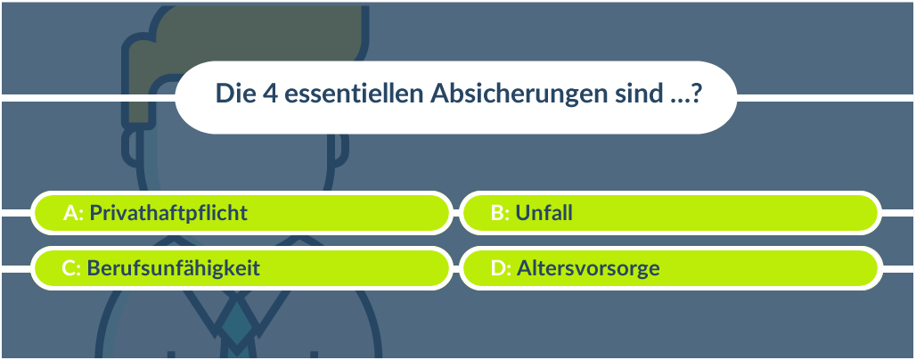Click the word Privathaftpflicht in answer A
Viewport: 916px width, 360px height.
pyautogui.click(x=168, y=213)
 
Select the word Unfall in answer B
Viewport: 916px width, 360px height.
pyautogui.click(x=544, y=213)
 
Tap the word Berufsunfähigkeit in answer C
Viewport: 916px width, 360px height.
pyautogui.click(x=174, y=269)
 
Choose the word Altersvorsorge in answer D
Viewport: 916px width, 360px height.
pyautogui.click(x=588, y=269)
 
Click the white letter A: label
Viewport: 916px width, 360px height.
pyautogui.click(x=74, y=213)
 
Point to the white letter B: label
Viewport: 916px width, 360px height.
pyautogui.click(x=501, y=213)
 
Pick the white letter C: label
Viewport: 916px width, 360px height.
pyautogui.click(x=71, y=268)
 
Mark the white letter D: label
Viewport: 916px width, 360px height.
pyautogui.click(x=502, y=268)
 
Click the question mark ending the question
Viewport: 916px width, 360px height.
pyautogui.click(x=695, y=94)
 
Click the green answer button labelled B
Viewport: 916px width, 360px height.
pyautogui.click(x=670, y=213)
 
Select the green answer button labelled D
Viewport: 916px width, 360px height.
pyautogui.click(x=670, y=268)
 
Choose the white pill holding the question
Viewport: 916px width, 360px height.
pyautogui.click(x=455, y=97)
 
